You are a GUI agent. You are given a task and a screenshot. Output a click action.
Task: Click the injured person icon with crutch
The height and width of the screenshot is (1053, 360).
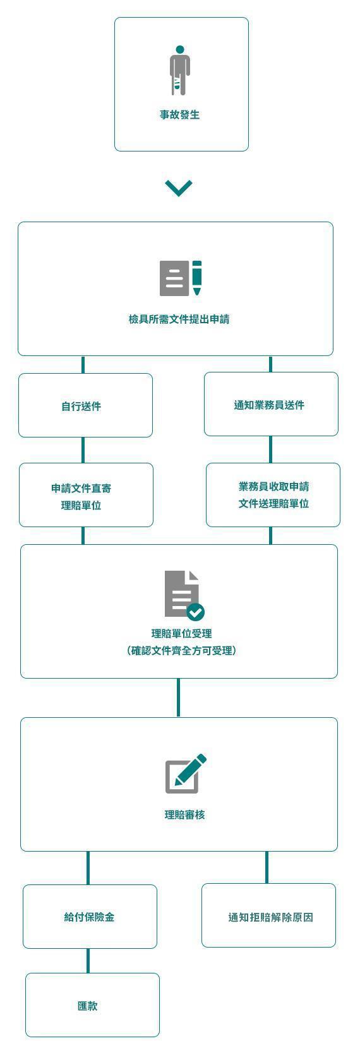click(180, 71)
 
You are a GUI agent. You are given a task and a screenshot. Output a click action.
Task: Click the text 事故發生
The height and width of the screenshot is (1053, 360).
click(180, 115)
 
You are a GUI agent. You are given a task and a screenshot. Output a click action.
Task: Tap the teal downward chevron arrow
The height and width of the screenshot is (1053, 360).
click(179, 187)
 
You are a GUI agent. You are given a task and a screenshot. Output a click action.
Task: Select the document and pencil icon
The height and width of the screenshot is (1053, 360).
click(181, 278)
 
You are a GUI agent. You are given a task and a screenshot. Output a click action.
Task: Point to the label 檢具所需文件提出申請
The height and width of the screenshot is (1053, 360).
click(179, 319)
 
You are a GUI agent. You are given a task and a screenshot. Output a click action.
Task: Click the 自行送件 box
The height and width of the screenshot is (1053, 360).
click(86, 405)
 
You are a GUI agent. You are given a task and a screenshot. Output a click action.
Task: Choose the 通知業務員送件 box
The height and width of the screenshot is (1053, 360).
click(271, 404)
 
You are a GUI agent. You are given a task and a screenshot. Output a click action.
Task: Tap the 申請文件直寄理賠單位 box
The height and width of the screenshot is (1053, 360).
click(86, 495)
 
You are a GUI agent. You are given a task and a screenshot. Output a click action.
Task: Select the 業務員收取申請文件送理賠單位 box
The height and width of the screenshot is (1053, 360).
click(273, 495)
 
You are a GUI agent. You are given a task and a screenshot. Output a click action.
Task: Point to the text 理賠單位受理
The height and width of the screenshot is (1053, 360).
click(182, 634)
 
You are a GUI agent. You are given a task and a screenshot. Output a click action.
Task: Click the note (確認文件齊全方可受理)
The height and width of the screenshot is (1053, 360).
click(182, 651)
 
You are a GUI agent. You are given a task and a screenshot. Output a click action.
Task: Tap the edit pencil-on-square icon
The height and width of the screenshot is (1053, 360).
click(186, 773)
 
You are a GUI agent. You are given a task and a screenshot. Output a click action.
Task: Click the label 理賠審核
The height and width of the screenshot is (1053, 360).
click(184, 814)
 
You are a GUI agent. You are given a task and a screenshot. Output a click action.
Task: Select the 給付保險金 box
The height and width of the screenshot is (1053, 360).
click(90, 917)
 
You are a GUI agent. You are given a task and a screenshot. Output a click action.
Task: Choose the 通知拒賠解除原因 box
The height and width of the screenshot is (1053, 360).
click(268, 915)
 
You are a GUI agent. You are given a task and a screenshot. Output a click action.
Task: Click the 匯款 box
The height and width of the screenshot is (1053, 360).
click(92, 1005)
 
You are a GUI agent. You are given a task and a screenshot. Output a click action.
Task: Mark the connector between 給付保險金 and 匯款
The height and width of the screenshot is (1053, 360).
click(88, 961)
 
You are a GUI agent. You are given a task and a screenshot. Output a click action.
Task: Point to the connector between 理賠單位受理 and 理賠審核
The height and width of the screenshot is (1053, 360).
click(178, 698)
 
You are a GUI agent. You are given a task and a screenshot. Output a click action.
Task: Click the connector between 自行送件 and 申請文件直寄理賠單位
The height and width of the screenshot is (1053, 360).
click(83, 450)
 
